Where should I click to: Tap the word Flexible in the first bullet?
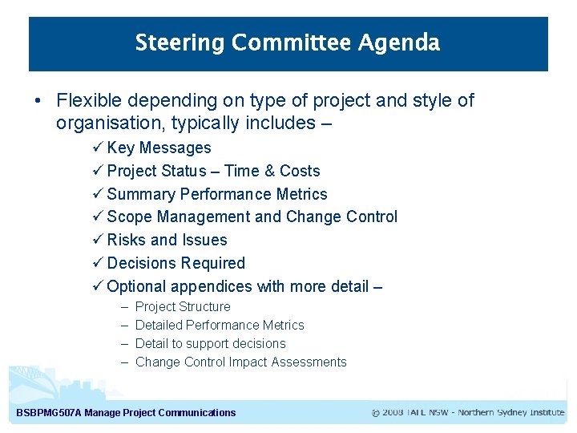(90, 101)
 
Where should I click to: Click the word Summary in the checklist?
(141, 194)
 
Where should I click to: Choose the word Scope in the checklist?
(130, 217)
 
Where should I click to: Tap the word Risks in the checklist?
(127, 240)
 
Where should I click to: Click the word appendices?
(212, 286)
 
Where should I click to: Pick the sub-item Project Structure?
(183, 307)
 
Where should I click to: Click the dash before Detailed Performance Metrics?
(125, 326)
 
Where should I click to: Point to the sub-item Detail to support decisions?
(210, 343)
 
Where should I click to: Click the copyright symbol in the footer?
(376, 413)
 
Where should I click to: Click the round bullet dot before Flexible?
(38, 102)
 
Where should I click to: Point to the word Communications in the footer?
(197, 413)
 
